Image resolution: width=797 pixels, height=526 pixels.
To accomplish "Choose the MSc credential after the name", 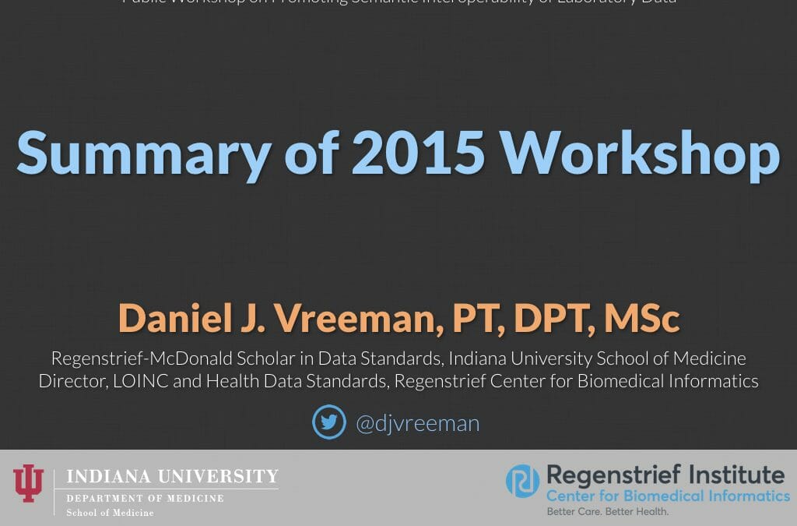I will (641, 319).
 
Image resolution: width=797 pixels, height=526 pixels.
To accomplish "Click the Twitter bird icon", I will (329, 422).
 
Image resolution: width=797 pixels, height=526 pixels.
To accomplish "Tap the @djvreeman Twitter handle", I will (417, 423).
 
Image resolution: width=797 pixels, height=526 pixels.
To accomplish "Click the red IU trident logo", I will (29, 483).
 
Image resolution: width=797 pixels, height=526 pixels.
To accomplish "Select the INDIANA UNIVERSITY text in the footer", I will (172, 477).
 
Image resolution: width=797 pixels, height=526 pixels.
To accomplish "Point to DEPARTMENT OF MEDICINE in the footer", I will (145, 499).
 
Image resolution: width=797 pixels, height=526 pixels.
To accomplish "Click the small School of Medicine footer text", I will (110, 513).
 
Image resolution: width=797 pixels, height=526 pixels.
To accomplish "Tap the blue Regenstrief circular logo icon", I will (523, 481).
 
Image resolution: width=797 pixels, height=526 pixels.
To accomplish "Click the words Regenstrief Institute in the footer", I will (665, 475).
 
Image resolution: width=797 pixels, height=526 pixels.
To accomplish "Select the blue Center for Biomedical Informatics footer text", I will (667, 496).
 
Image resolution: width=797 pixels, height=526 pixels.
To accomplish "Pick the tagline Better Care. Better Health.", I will (607, 512).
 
